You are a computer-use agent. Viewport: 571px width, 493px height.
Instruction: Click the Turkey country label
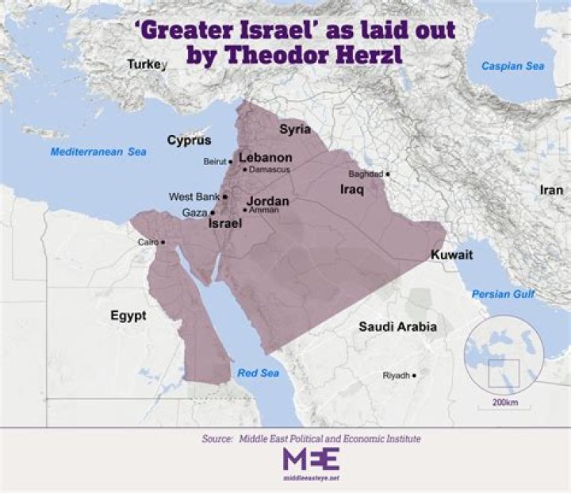click(148, 64)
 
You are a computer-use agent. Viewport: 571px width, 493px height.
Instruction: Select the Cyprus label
click(189, 141)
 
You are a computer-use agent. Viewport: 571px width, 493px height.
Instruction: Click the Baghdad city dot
click(388, 174)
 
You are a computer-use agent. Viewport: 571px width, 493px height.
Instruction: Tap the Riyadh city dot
click(414, 375)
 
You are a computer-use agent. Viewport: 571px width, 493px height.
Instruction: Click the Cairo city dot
click(164, 242)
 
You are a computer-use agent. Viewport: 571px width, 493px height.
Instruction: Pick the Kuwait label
click(451, 255)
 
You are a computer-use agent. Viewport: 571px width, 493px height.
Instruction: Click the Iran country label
click(551, 191)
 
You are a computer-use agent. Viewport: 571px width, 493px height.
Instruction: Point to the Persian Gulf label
click(503, 294)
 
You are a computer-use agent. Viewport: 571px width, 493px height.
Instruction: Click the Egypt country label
click(128, 315)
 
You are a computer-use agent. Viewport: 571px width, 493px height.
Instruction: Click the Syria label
click(295, 129)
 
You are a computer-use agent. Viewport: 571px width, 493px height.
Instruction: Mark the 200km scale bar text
click(504, 402)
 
